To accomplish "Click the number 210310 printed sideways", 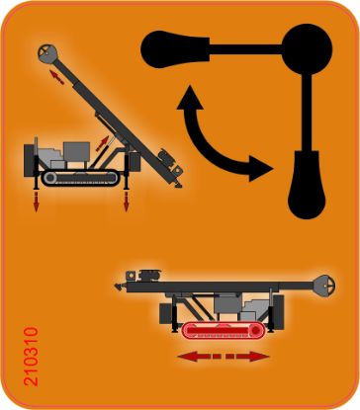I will point(29,357).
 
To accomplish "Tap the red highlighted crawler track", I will point(224,329).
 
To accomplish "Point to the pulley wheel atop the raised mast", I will point(47,51).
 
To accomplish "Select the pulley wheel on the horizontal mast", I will point(322,286).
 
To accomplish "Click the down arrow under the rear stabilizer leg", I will point(38,203).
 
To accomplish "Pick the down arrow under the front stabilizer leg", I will point(126,202).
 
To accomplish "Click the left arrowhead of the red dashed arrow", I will point(182,356).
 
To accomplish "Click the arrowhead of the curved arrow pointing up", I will point(186,95).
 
